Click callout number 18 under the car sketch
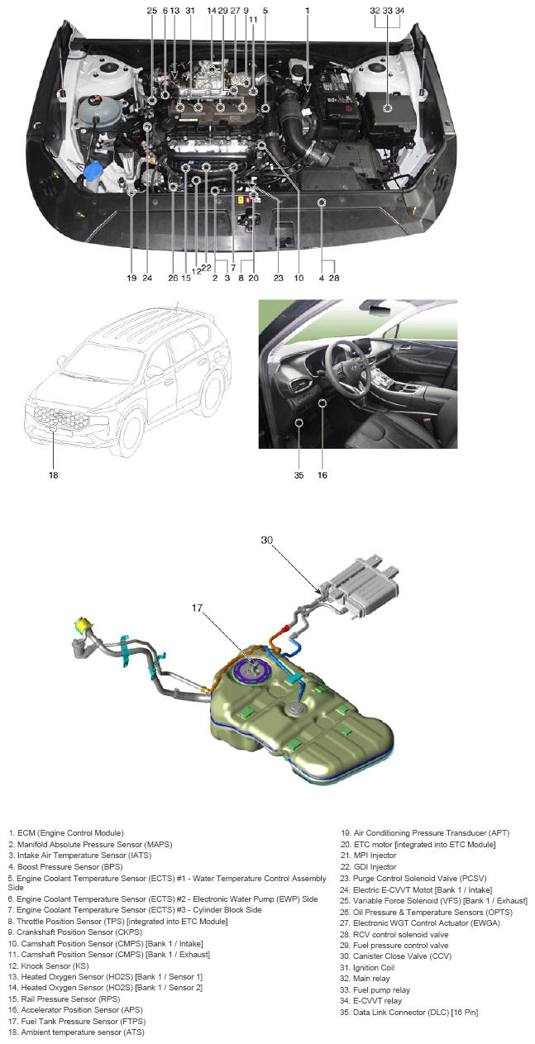point(53,475)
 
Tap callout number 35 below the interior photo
point(299,475)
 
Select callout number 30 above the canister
point(266,540)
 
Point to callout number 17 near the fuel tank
point(197,608)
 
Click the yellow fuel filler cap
point(84,624)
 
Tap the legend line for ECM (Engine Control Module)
point(66,833)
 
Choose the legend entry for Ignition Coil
point(367,967)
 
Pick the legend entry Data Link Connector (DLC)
point(409,1012)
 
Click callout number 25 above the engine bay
point(151,11)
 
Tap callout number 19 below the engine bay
point(131,278)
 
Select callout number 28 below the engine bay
point(334,278)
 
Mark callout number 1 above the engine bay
point(308,11)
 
